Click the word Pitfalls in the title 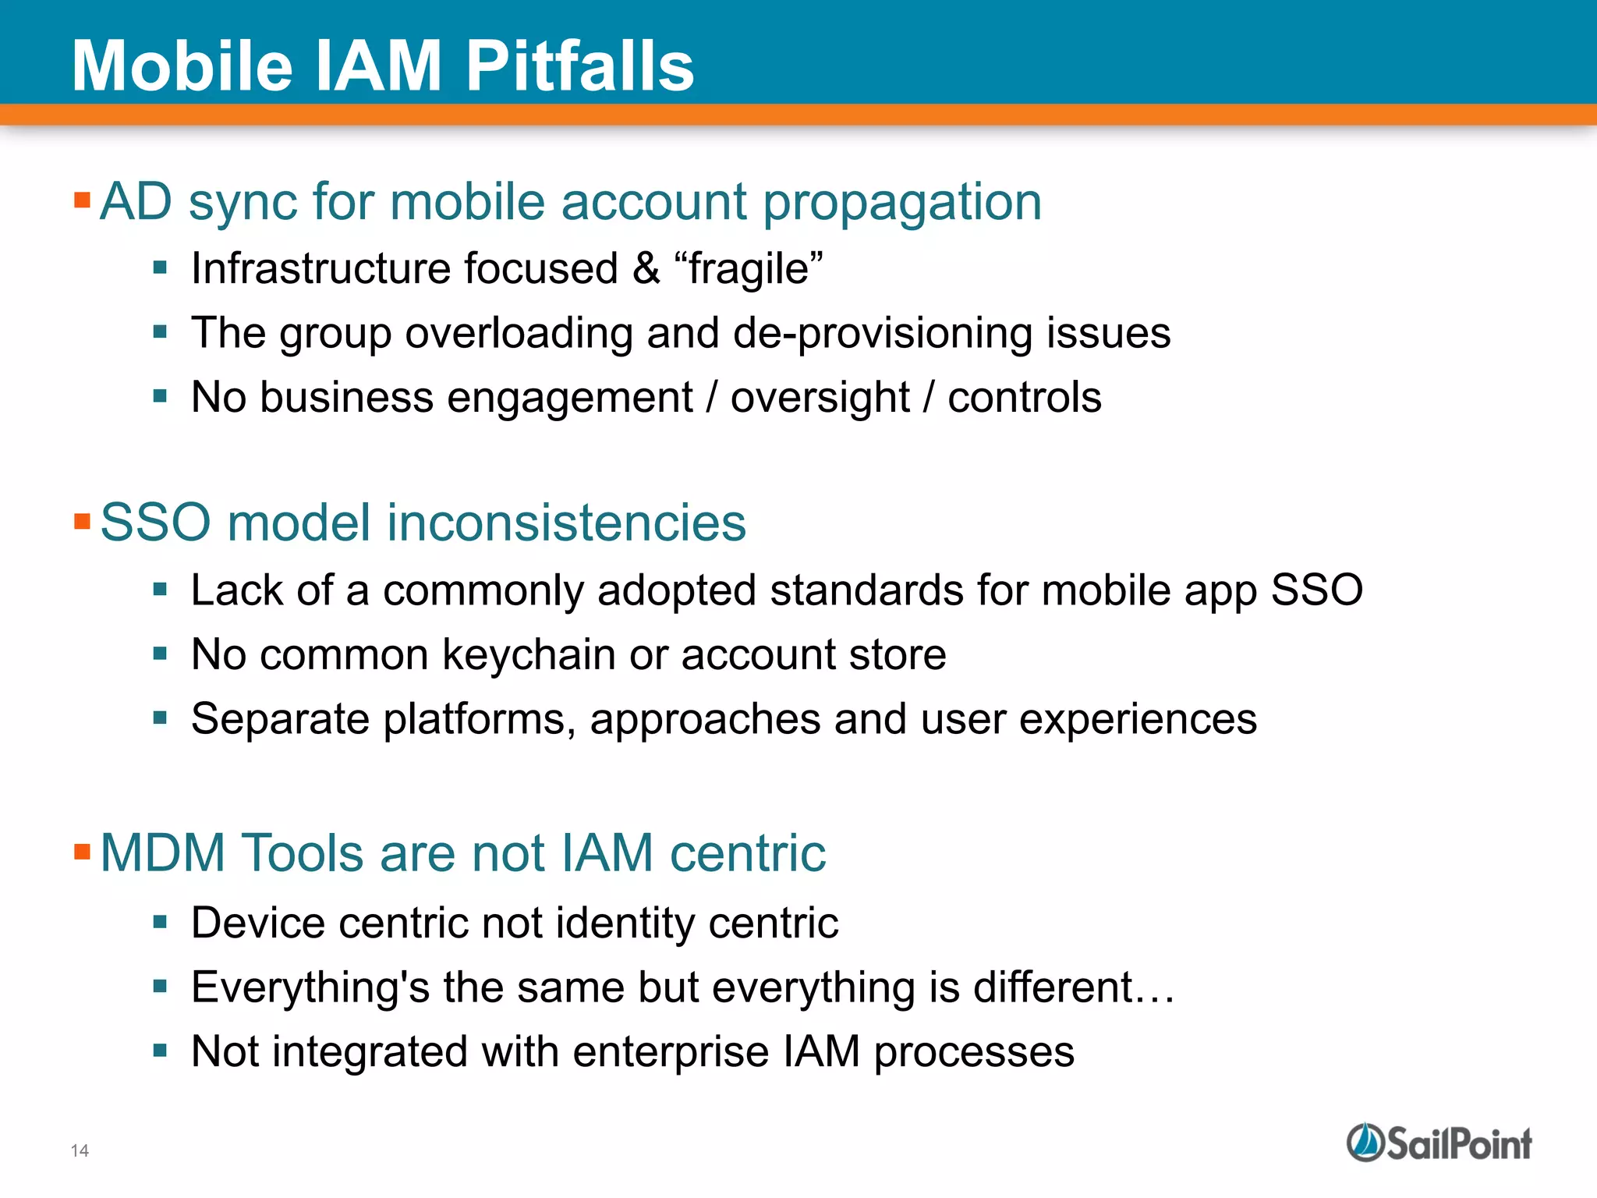click(x=579, y=66)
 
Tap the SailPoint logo click(x=1439, y=1143)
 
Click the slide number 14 click(x=80, y=1150)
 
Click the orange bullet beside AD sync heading click(x=83, y=200)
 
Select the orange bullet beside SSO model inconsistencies click(x=83, y=521)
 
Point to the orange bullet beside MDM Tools click(x=83, y=851)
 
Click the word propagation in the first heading click(x=901, y=203)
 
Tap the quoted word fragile click(x=749, y=269)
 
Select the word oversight click(x=820, y=399)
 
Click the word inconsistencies click(x=565, y=523)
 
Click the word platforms click(x=479, y=720)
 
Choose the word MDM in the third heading click(x=163, y=852)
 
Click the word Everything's click(x=310, y=988)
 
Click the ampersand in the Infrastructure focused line click(x=646, y=269)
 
